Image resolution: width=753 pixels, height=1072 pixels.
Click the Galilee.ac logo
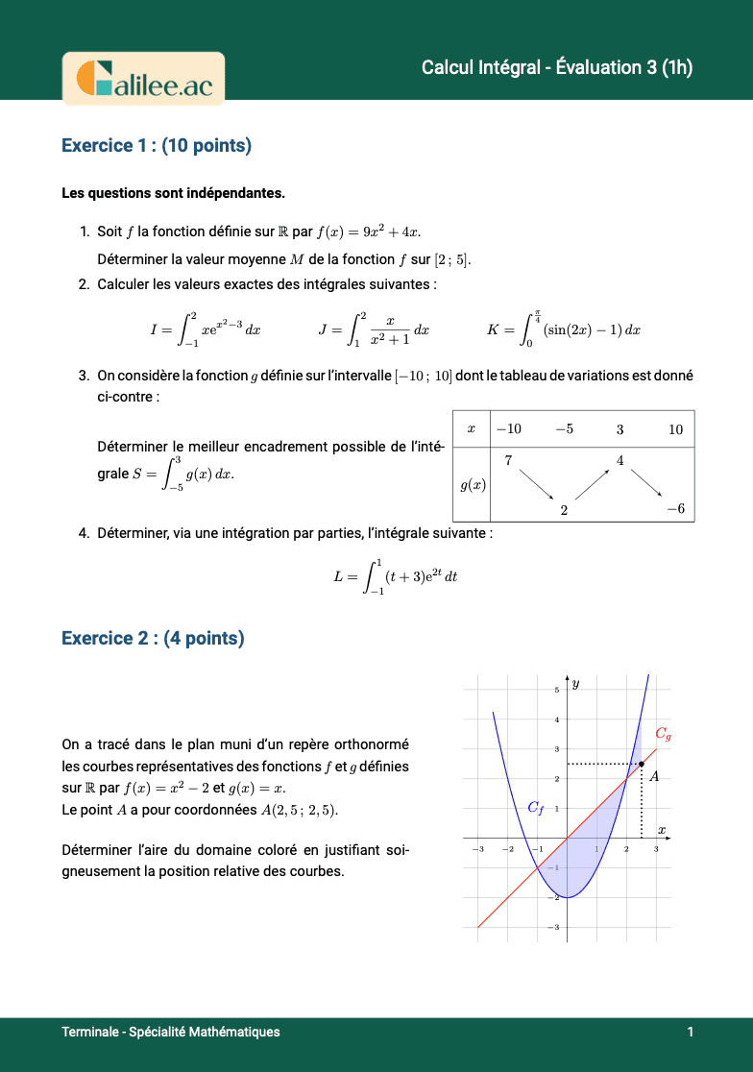coord(143,78)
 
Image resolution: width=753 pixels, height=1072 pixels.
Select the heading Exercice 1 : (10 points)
coord(157,145)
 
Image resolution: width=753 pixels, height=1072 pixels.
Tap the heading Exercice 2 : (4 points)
coord(153,638)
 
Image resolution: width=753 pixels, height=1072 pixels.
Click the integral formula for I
coord(206,329)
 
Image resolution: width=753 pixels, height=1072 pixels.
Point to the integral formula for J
coord(374,329)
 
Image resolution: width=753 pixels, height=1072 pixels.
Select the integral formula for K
coord(564,329)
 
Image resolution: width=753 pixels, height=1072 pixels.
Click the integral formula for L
coord(396,576)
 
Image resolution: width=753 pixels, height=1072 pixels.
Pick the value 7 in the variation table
coord(507,461)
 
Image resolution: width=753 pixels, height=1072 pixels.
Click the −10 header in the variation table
coord(508,429)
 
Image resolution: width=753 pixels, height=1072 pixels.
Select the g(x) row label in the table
coord(473,485)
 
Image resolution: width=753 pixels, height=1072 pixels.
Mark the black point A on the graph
coord(642,764)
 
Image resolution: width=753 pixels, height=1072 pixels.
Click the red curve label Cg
coord(663,734)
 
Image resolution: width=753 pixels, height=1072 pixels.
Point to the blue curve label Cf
coord(536,808)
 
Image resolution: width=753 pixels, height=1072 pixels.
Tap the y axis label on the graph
coord(576,684)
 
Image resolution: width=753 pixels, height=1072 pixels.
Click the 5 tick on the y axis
coord(556,690)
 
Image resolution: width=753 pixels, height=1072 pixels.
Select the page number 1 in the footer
coord(690,1032)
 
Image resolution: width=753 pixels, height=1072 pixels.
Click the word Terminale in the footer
coord(89,1032)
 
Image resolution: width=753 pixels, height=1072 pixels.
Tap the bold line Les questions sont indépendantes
coord(173,193)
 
